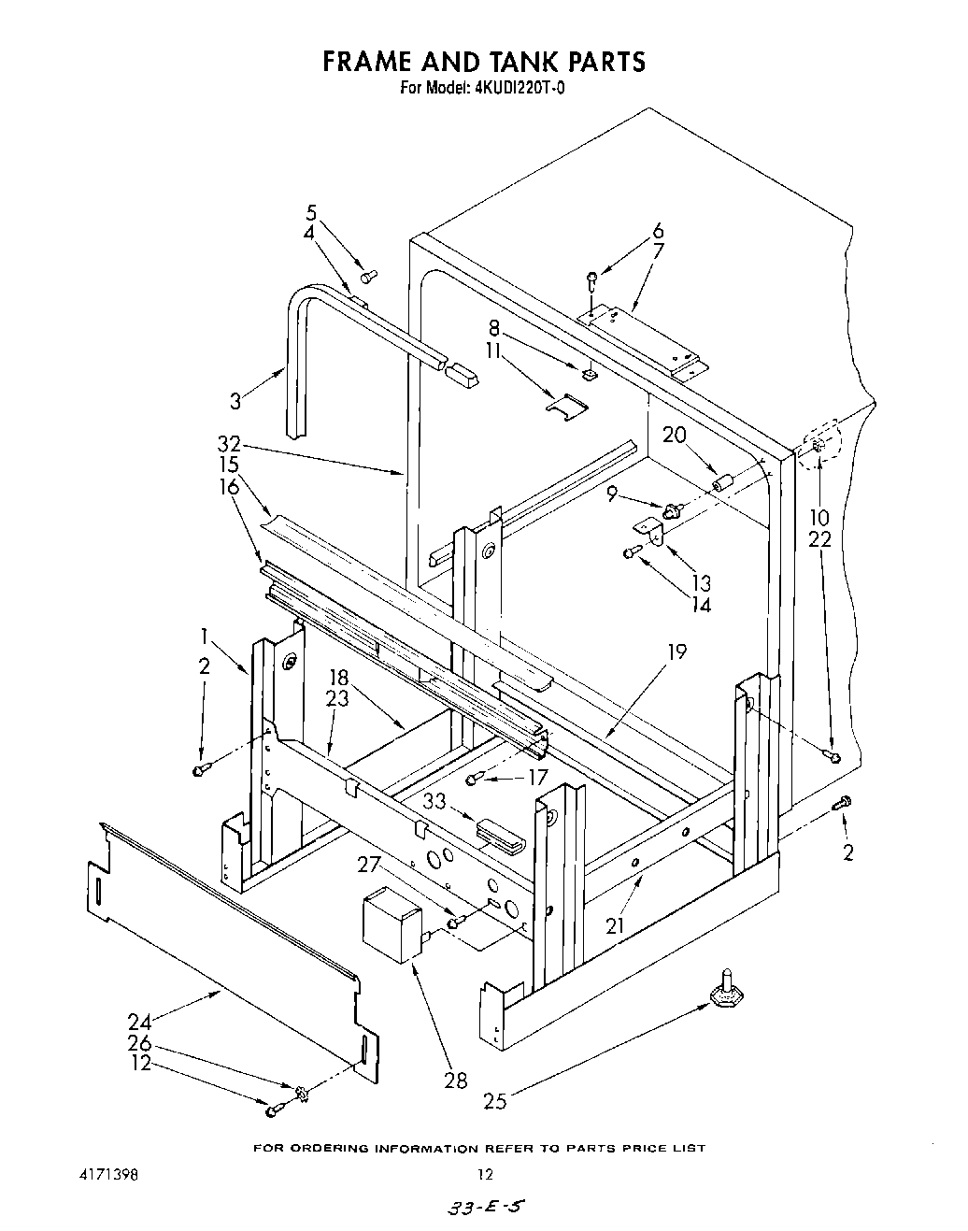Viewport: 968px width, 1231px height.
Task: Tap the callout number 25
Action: coord(495,1101)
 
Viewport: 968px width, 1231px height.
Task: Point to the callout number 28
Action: coord(456,1081)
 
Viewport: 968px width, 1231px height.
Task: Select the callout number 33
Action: coord(434,801)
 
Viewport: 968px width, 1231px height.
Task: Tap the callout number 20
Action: coord(675,435)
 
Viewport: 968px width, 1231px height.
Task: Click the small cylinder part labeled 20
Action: coord(721,485)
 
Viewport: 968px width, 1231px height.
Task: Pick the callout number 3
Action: coord(236,401)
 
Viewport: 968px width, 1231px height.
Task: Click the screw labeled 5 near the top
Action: coord(369,276)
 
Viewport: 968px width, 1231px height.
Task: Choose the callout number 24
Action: coord(140,1020)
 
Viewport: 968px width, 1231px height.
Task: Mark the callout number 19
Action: coord(676,651)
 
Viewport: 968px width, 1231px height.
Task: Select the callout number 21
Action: coord(614,925)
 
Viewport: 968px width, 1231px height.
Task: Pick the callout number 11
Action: coord(493,351)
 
